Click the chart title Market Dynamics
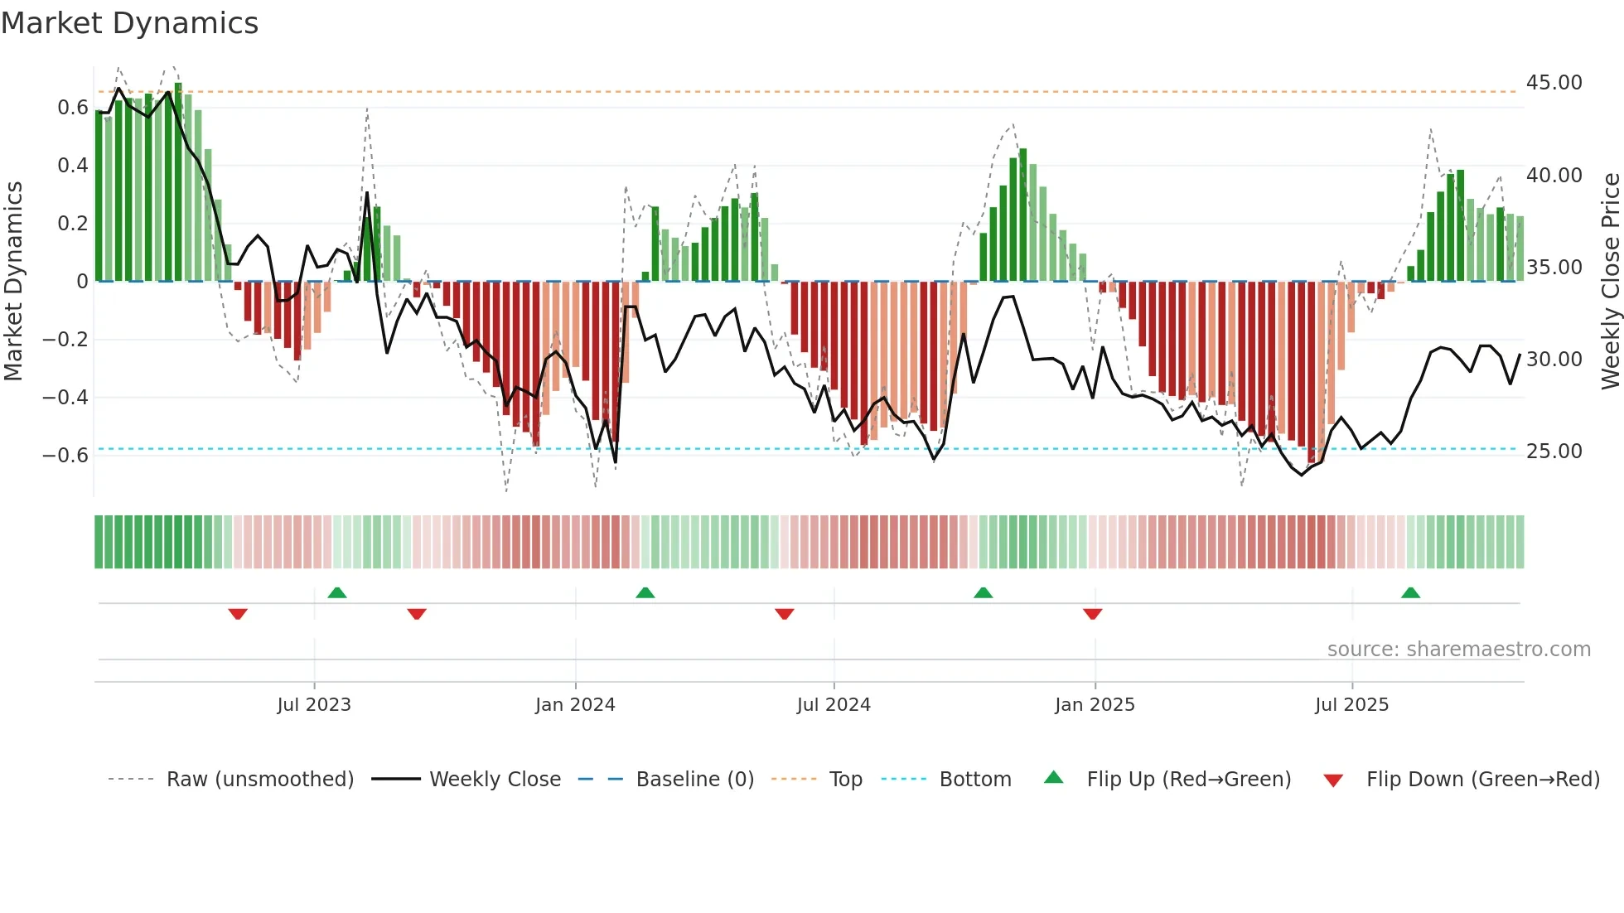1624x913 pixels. pyautogui.click(x=129, y=23)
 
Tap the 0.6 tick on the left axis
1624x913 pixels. pyautogui.click(x=73, y=108)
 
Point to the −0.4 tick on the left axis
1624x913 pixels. pyautogui.click(x=65, y=398)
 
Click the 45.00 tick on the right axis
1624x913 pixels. pyautogui.click(x=1554, y=83)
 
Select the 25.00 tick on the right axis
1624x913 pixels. pyautogui.click(x=1554, y=452)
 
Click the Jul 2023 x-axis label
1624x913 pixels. pyautogui.click(x=314, y=705)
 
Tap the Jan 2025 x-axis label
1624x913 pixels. pyautogui.click(x=1095, y=705)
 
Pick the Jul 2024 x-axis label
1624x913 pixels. pyautogui.click(x=834, y=705)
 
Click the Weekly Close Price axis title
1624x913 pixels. pyautogui.click(x=1610, y=282)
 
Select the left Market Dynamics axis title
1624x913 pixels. pyautogui.click(x=13, y=282)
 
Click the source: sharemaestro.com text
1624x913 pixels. pyautogui.click(x=1458, y=650)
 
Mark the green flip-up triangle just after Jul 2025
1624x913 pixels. pyautogui.click(x=1410, y=592)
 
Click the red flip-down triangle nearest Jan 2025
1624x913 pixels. pyautogui.click(x=1092, y=614)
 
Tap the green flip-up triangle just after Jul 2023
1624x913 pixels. pyautogui.click(x=336, y=592)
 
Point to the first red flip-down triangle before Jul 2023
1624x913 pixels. pyautogui.click(x=238, y=614)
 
